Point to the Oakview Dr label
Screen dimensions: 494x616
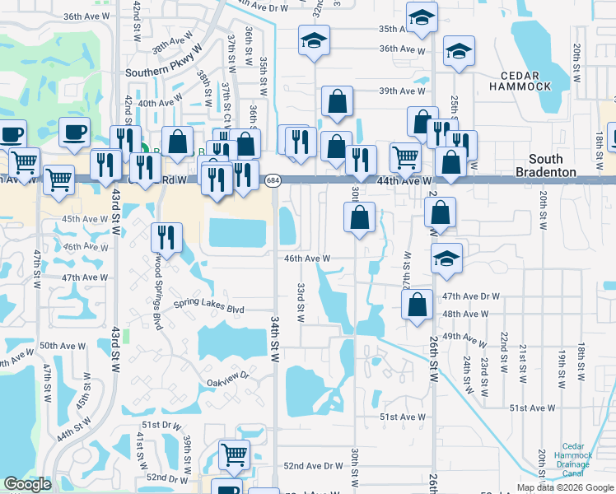(x=227, y=382)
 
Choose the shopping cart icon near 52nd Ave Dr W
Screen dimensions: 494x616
(x=234, y=454)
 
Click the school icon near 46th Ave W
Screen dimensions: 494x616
(x=446, y=258)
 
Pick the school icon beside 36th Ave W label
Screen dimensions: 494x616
(x=459, y=51)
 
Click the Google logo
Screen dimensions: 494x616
(x=27, y=484)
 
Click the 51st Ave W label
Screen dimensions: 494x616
(x=403, y=417)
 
